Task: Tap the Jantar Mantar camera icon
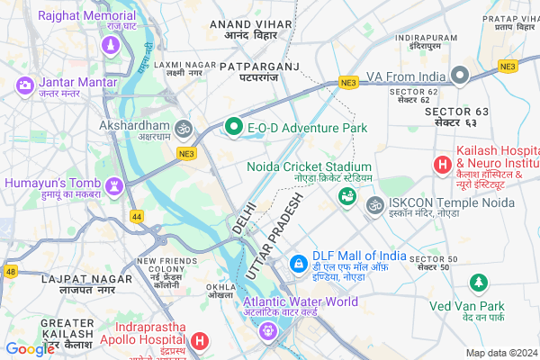pyautogui.click(x=25, y=85)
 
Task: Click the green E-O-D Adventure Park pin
pyautogui.click(x=234, y=128)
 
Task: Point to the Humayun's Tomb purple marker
pyautogui.click(x=114, y=185)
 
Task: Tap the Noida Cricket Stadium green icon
pyautogui.click(x=345, y=195)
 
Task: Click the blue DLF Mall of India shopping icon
pyautogui.click(x=298, y=264)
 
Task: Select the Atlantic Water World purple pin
pyautogui.click(x=266, y=331)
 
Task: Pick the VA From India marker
pyautogui.click(x=461, y=76)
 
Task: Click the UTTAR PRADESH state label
pyautogui.click(x=280, y=235)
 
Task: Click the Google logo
pyautogui.click(x=30, y=348)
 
